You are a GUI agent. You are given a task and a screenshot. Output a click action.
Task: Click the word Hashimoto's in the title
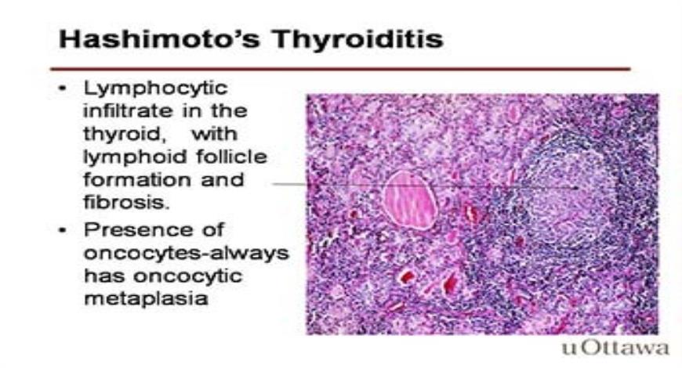click(x=160, y=38)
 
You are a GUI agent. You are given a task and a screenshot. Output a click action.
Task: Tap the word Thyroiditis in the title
click(x=358, y=39)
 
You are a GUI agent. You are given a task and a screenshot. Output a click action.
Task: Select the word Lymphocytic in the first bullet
click(x=156, y=89)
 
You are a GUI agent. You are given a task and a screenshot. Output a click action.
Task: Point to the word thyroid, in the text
click(x=125, y=134)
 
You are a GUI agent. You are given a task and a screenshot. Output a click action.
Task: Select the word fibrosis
click(x=126, y=202)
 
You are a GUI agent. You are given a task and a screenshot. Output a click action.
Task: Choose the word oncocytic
click(x=187, y=276)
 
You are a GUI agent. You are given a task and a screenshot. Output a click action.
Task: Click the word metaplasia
click(x=146, y=299)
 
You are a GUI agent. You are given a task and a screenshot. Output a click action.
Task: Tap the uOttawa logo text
click(x=615, y=348)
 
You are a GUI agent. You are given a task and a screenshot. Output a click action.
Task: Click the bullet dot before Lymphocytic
click(x=63, y=89)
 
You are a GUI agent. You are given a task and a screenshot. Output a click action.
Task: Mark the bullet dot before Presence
click(x=63, y=230)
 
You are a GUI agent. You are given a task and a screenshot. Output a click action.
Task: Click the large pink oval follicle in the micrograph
click(x=409, y=200)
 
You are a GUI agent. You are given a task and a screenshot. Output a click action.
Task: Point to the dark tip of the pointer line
click(x=575, y=188)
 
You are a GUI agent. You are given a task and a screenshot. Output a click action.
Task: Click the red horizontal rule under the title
click(x=340, y=69)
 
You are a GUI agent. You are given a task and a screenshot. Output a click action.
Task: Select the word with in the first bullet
click(x=215, y=133)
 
